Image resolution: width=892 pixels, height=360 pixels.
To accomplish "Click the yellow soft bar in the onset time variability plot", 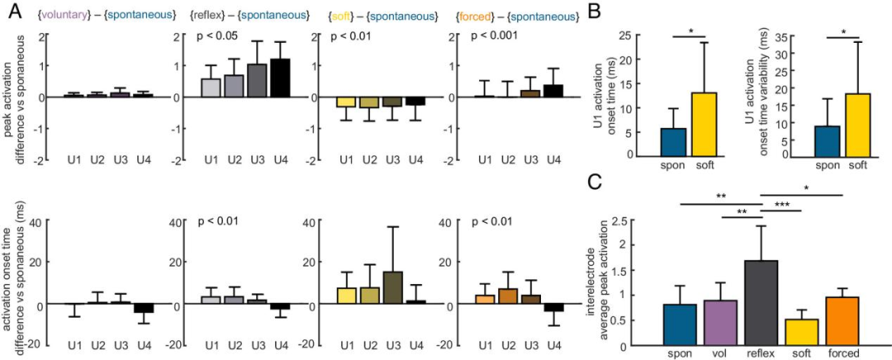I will pos(859,124).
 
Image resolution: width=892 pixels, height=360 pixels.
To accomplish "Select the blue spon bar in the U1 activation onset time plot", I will pos(672,141).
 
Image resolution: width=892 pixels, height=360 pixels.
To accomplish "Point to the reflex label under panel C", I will pos(762,353).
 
